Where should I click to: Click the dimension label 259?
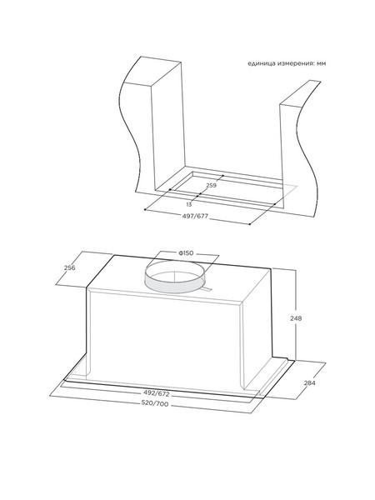212,185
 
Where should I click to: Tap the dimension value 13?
189,204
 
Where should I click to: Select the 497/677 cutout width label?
195,216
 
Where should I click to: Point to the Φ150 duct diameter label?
186,253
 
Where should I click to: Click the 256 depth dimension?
69,267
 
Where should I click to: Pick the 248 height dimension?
296,318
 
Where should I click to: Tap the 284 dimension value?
309,382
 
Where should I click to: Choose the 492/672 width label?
157,394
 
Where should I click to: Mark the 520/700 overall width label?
155,404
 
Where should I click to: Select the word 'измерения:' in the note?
296,63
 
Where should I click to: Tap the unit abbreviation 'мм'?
322,64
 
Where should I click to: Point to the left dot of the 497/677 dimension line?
145,209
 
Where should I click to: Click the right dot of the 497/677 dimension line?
250,224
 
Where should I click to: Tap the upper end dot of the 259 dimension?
222,175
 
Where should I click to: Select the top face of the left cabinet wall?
152,72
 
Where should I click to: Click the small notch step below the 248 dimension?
289,360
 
